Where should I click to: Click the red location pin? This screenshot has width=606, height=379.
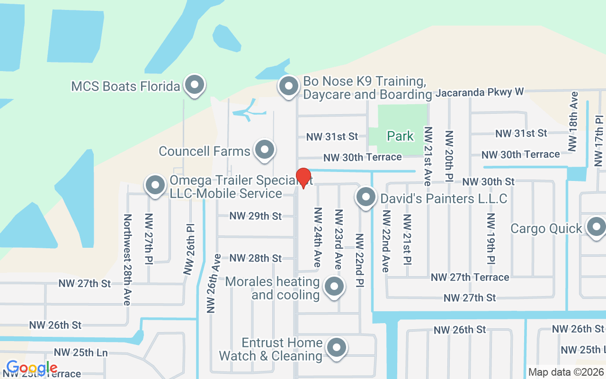[x=303, y=178]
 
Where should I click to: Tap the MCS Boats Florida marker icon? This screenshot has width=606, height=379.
[x=194, y=85]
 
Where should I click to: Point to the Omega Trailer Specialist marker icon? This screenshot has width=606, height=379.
[x=155, y=186]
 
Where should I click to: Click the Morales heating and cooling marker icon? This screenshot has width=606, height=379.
[x=335, y=287]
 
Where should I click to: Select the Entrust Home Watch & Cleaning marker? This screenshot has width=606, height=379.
[x=337, y=348]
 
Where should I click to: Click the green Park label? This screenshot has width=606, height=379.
[x=401, y=136]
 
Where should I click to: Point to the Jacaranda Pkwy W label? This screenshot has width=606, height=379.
[x=480, y=92]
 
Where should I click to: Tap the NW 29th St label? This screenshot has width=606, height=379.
[x=255, y=216]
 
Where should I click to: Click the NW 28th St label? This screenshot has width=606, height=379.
[x=255, y=258]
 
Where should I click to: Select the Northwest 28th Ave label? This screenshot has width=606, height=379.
[x=127, y=260]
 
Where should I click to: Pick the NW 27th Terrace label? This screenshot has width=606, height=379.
[x=470, y=277]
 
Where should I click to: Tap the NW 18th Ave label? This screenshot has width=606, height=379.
[x=573, y=121]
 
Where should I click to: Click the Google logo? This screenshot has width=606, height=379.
[x=32, y=368]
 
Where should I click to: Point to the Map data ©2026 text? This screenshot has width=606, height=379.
[x=566, y=372]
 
